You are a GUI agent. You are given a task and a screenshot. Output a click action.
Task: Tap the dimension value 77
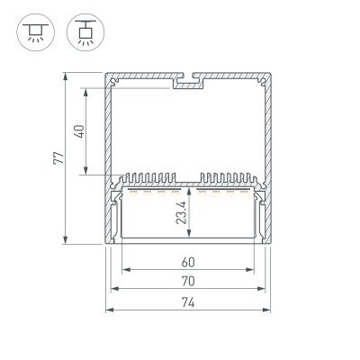point(58,157)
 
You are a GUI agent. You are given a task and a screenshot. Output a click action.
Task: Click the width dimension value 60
point(188,262)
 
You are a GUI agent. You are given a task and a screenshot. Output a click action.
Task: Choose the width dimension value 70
point(188,282)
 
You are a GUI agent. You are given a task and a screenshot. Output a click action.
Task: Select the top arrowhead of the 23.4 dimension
point(189,191)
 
